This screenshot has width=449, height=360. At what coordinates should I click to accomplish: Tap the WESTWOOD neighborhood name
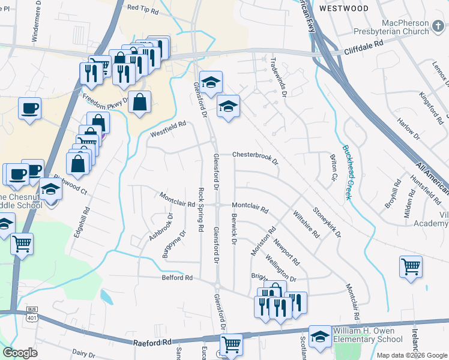pyautogui.click(x=343, y=8)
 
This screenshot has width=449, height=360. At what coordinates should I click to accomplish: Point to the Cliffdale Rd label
pyautogui.click(x=363, y=44)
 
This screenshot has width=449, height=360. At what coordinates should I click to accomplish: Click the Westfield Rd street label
pyautogui.click(x=168, y=127)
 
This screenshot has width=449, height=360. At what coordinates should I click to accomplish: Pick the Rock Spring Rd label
pyautogui.click(x=200, y=210)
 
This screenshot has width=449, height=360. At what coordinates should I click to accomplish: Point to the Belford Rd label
pyautogui.click(x=176, y=278)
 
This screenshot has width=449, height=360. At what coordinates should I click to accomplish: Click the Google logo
pyautogui.click(x=20, y=352)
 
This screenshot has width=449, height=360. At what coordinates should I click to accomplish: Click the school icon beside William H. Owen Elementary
pyautogui.click(x=320, y=336)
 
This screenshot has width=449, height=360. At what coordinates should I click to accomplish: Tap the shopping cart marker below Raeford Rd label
pyautogui.click(x=231, y=344)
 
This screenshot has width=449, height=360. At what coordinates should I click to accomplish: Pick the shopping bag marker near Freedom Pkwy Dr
pyautogui.click(x=139, y=102)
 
